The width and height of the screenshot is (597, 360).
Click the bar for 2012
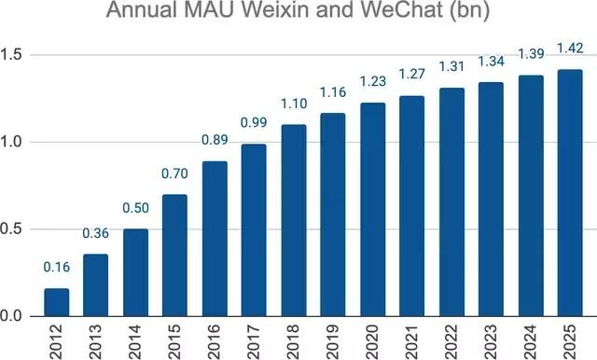click(x=57, y=302)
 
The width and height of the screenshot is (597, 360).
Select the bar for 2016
click(x=215, y=239)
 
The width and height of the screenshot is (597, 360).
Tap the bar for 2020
click(x=373, y=209)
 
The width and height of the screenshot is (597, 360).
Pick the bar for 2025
click(x=570, y=193)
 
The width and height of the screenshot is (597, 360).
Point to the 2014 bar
click(x=135, y=272)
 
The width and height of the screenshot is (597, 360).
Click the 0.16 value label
click(x=57, y=267)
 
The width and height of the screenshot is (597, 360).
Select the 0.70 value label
click(x=174, y=173)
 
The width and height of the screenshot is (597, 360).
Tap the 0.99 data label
click(x=254, y=122)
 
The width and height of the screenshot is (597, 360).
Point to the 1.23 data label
click(x=373, y=81)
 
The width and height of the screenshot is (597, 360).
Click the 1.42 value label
click(x=570, y=48)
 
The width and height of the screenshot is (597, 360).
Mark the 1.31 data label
click(x=451, y=66)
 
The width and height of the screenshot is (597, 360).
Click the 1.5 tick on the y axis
click(x=11, y=55)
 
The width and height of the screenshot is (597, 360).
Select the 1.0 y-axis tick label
click(x=11, y=142)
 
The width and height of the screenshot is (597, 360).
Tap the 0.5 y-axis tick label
click(x=11, y=229)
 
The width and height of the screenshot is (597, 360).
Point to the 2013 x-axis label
click(x=96, y=341)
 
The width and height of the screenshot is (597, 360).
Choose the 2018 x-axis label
click(x=294, y=341)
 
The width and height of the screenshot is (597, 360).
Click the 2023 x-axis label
click(x=492, y=341)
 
